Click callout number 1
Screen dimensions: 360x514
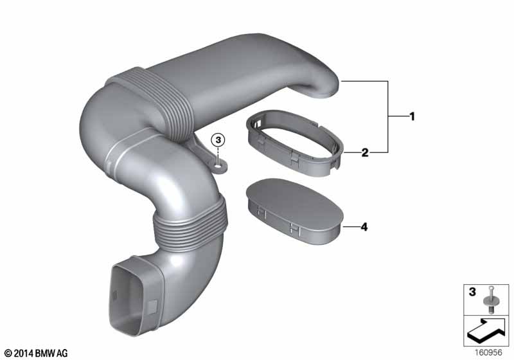point(412,117)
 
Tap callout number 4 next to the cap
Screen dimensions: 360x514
point(364,227)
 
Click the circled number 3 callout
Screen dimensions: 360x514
point(218,139)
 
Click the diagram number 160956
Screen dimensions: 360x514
point(490,352)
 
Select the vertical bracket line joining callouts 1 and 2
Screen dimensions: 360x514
point(388,117)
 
